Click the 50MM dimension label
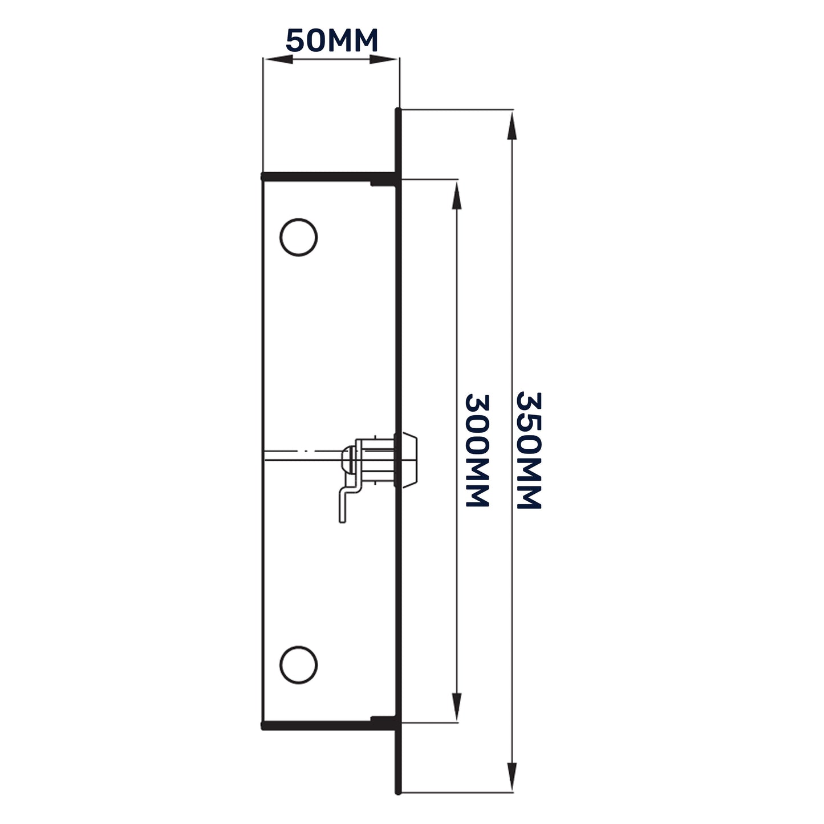(331, 40)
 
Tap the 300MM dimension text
(477, 450)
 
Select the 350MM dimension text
(527, 450)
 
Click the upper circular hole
(298, 237)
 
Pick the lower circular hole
(298, 664)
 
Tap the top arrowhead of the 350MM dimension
(512, 125)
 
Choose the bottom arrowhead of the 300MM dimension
(456, 707)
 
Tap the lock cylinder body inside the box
(376, 460)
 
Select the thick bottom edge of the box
(328, 726)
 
